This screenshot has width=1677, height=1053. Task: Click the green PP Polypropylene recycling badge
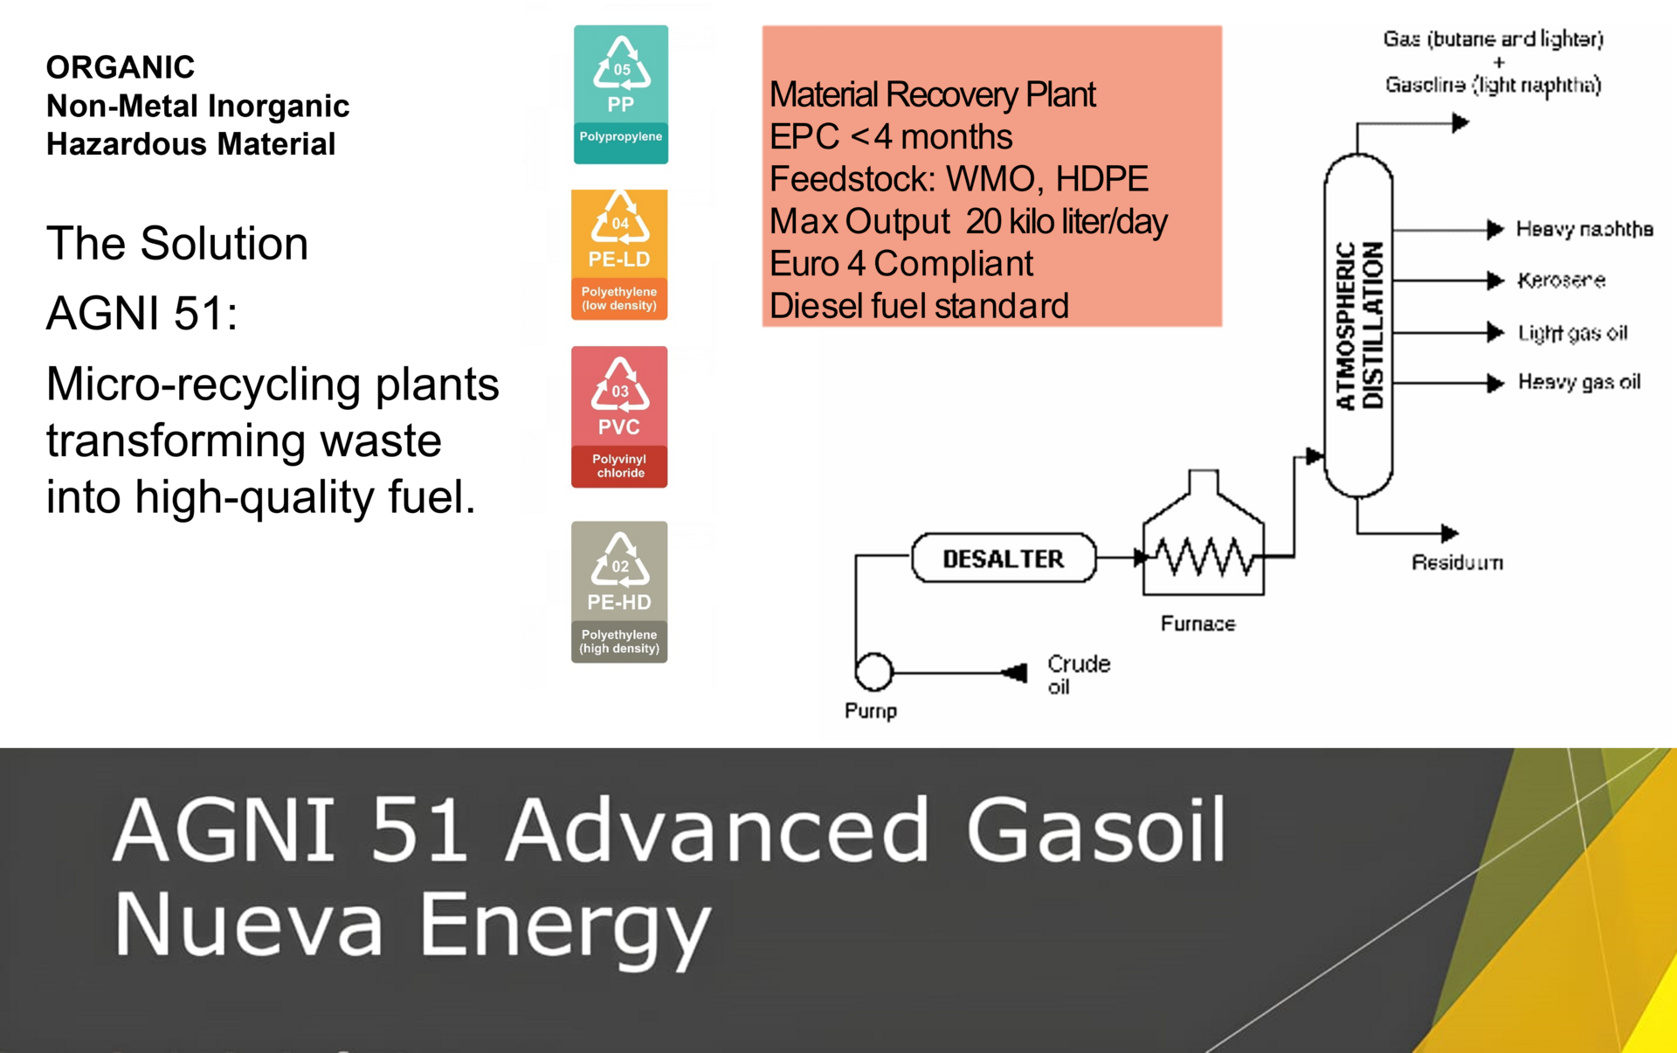[621, 94]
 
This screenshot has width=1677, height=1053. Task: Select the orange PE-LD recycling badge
[619, 254]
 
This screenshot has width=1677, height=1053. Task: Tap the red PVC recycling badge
[619, 417]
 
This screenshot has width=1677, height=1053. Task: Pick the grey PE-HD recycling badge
[619, 592]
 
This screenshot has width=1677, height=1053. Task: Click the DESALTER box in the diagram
[1004, 558]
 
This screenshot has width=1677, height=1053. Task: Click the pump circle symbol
[873, 672]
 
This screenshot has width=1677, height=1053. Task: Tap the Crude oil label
[1079, 675]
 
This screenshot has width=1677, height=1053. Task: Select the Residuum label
[1457, 563]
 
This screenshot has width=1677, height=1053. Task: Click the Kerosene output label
[1561, 281]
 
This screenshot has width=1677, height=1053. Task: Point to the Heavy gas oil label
[1579, 382]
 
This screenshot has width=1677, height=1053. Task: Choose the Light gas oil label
[1572, 333]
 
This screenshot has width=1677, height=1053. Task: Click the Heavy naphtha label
[1584, 229]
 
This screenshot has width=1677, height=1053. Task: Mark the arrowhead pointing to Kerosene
[1496, 281]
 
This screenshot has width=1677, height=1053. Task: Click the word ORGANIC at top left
[121, 67]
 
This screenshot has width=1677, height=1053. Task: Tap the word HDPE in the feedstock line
[1101, 179]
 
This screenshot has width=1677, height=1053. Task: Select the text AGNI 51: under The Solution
[141, 313]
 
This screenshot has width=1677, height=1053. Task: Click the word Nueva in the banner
[249, 925]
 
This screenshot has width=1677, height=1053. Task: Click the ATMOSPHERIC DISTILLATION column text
[1359, 325]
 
